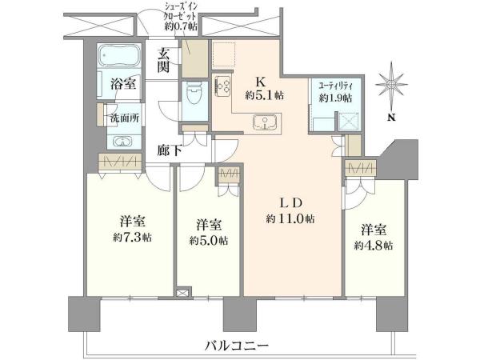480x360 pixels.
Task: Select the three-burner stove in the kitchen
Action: click(222, 86)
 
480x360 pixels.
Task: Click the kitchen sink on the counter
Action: click(265, 122)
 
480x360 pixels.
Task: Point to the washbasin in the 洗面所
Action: click(122, 142)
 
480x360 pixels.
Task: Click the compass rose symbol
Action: click(391, 83)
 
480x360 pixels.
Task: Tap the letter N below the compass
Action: click(391, 118)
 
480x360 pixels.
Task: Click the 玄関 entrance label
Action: click(163, 62)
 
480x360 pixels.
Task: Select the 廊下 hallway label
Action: click(169, 150)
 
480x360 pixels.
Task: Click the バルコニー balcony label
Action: click(237, 346)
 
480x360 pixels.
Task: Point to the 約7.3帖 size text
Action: click(132, 238)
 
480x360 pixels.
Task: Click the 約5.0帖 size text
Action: click(209, 241)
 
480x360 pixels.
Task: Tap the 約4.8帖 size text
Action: click(374, 246)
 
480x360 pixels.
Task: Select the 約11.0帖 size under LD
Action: click(290, 218)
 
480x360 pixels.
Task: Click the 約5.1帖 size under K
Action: click(264, 95)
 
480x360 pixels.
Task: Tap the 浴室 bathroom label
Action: click(123, 84)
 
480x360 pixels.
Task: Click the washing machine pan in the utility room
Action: click(350, 122)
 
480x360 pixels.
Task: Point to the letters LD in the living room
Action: click(291, 202)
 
